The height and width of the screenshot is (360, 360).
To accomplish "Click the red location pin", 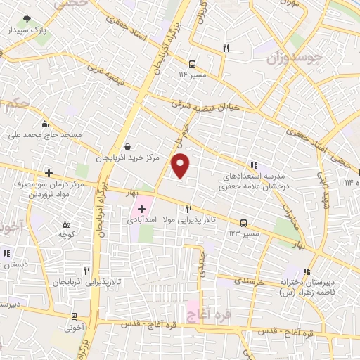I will pyautogui.click(x=181, y=166).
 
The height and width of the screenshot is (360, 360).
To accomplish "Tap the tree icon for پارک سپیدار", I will pyautogui.click(x=27, y=19).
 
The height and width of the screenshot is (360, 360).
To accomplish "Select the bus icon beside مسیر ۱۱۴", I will pyautogui.click(x=193, y=62).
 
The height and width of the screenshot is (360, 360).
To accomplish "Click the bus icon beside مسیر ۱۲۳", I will pyautogui.click(x=243, y=222).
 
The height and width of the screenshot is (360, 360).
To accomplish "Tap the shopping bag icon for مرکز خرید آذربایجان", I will pyautogui.click(x=127, y=146).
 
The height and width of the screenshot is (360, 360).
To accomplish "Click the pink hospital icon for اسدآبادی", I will pyautogui.click(x=141, y=209).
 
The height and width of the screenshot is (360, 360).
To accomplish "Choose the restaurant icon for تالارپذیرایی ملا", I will pyautogui.click(x=188, y=209).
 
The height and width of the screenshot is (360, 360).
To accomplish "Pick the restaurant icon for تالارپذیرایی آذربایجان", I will pyautogui.click(x=86, y=270).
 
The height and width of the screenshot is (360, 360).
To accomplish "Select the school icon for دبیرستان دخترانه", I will pyautogui.click(x=307, y=271).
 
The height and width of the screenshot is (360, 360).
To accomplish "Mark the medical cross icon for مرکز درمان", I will pyautogui.click(x=49, y=173).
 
